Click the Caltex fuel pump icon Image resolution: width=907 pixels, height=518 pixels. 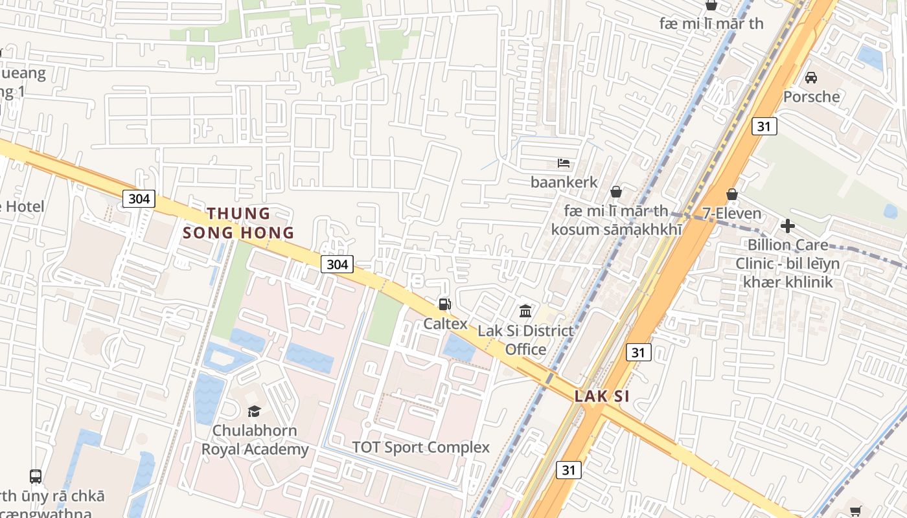click(444, 304)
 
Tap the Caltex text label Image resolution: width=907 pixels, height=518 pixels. click(445, 323)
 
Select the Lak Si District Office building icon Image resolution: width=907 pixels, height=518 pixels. click(525, 311)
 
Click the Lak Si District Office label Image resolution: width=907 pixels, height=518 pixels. click(525, 340)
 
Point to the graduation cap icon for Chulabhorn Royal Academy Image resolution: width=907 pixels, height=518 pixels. click(254, 411)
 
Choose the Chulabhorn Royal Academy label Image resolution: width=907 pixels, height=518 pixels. click(255, 440)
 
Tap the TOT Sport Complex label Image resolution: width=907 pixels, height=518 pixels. click(420, 447)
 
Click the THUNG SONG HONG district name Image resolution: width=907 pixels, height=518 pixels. click(238, 223)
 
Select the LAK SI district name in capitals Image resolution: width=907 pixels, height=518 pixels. click(602, 396)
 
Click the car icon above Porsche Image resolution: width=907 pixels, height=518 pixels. click(810, 78)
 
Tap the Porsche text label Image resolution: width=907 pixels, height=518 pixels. click(811, 97)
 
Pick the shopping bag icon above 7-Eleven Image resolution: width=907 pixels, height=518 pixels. click(732, 194)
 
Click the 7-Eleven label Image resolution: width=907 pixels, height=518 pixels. click(732, 213)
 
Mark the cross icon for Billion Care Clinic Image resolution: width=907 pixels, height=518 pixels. click(788, 226)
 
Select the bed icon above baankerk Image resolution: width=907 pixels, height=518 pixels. click(564, 163)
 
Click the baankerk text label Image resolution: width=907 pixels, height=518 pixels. click(564, 183)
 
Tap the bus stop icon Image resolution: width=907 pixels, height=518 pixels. click(36, 477)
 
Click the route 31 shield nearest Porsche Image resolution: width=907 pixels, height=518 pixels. click(764, 126)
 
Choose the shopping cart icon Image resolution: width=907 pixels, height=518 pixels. click(855, 511)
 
